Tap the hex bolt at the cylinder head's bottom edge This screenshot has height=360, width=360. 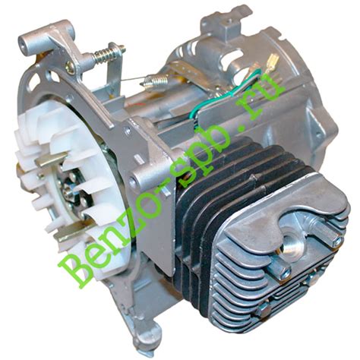coord(263,311)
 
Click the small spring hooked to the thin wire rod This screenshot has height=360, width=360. coord(155,81)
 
